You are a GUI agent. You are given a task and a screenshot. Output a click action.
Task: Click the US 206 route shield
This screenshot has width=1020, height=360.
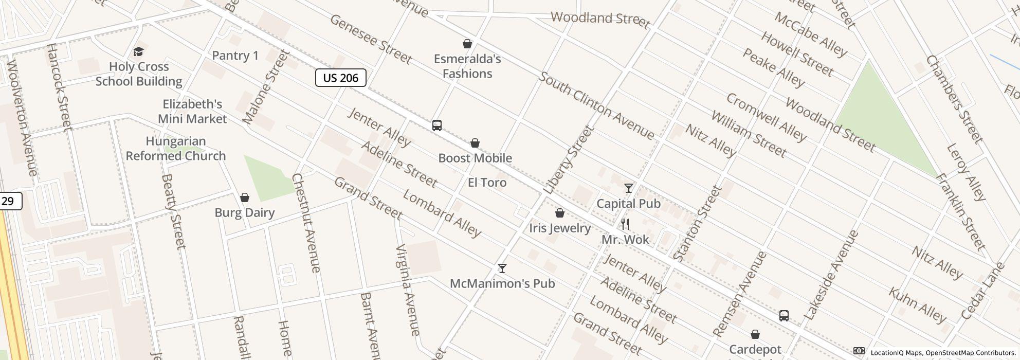click(x=340, y=78)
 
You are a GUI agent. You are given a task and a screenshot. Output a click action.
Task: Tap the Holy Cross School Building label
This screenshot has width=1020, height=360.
click(x=139, y=74)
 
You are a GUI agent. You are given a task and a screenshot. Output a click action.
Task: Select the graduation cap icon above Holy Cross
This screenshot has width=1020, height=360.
click(x=138, y=51)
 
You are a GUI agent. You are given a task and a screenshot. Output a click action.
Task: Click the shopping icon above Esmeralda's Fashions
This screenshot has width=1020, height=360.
click(x=467, y=44)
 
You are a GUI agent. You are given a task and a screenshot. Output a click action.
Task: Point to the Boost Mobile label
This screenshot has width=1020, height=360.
click(x=475, y=158)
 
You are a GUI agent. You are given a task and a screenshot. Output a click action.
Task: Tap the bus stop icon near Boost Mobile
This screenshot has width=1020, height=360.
click(x=437, y=125)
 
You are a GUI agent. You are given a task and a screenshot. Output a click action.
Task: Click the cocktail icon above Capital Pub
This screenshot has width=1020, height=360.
click(x=628, y=188)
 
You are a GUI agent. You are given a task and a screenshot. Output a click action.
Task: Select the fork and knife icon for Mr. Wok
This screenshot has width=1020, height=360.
click(x=625, y=224)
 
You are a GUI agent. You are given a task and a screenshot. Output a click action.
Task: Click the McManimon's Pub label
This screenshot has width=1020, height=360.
click(x=502, y=283)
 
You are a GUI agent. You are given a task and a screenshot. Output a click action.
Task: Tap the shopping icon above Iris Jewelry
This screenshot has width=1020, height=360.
click(x=560, y=213)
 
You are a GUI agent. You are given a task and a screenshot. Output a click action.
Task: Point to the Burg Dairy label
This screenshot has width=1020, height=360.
click(x=245, y=212)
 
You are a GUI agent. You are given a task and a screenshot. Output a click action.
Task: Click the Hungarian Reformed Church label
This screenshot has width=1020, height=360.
click(x=176, y=148)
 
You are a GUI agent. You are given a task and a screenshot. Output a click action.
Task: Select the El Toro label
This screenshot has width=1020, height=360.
click(x=487, y=183)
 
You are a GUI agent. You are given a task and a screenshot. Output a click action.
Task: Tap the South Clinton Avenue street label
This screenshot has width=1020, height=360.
click(x=596, y=106)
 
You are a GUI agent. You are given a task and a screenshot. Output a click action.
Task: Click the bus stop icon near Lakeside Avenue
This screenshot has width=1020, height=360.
click(x=784, y=316)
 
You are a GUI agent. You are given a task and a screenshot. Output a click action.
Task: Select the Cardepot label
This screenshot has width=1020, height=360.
click(x=755, y=350)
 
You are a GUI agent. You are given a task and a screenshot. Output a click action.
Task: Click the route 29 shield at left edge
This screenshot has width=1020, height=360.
click(x=9, y=201)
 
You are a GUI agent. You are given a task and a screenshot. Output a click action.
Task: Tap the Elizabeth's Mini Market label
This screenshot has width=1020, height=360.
click(x=192, y=112)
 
